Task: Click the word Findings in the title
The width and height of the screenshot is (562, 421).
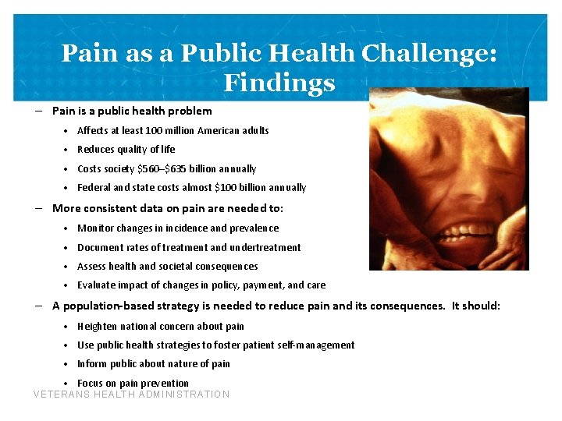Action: [x=279, y=82]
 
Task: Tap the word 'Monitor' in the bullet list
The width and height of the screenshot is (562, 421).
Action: [x=96, y=228]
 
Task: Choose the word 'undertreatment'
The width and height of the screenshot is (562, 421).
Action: [x=265, y=247]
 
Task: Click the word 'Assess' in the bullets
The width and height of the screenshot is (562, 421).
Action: [x=92, y=266]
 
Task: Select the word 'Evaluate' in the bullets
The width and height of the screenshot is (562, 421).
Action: [x=97, y=285]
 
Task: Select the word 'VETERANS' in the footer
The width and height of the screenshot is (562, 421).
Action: [x=62, y=394]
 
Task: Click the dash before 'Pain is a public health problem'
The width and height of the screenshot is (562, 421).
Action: [x=39, y=111]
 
